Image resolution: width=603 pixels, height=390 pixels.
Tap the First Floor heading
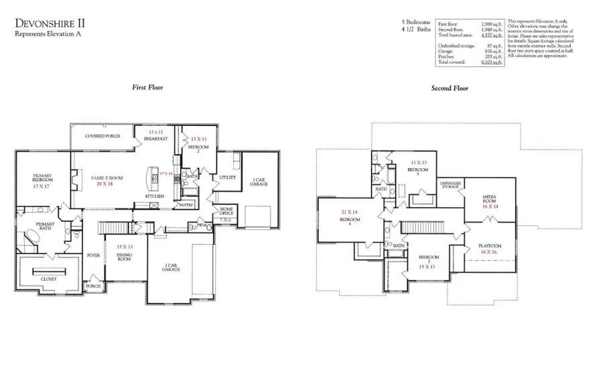[x=147, y=88]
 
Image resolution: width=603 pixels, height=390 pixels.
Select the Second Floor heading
[x=450, y=88]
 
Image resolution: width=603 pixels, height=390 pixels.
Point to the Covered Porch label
[x=102, y=136]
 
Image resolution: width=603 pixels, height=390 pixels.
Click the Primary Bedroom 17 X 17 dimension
[x=42, y=186]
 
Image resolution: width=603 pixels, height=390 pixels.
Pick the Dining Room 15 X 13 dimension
[x=123, y=247]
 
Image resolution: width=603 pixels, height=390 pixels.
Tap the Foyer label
[x=93, y=255]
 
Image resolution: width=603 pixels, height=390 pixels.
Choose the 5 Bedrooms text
[x=415, y=22]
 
